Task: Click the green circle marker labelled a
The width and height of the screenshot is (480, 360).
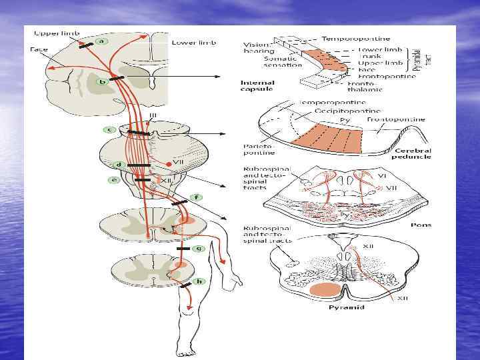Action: pyautogui.click(x=101, y=41)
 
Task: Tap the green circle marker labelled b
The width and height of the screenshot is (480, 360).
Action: pyautogui.click(x=103, y=82)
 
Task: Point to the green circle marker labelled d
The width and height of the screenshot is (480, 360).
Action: pyautogui.click(x=117, y=164)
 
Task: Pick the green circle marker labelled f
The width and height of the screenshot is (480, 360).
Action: pyautogui.click(x=197, y=197)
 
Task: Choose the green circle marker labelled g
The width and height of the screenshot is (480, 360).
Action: pyautogui.click(x=197, y=248)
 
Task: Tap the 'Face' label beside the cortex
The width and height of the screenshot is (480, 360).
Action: pyautogui.click(x=37, y=49)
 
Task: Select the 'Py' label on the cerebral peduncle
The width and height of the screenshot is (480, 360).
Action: pyautogui.click(x=345, y=120)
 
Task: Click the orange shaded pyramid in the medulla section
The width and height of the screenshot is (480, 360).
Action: pyautogui.click(x=325, y=290)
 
